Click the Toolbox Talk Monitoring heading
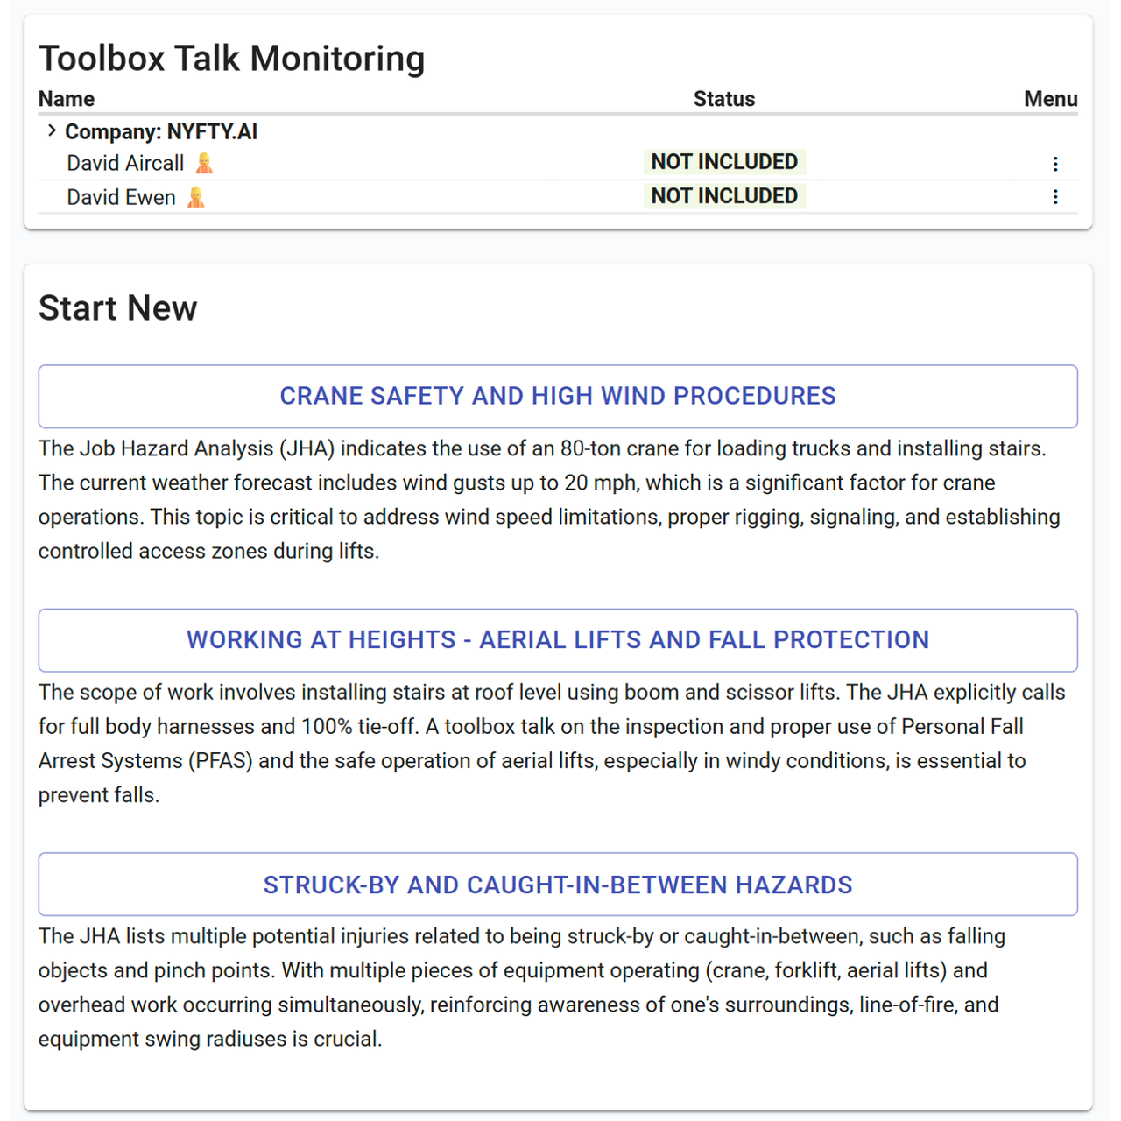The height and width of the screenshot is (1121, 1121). click(x=231, y=59)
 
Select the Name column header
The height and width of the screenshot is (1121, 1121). click(x=67, y=99)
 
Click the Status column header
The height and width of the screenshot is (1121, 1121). click(x=723, y=99)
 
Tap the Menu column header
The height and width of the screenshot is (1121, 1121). click(x=1050, y=99)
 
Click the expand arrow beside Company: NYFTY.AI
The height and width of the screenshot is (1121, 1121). click(x=52, y=130)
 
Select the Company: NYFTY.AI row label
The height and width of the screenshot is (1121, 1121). click(x=161, y=131)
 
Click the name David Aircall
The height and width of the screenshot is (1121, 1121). click(x=125, y=163)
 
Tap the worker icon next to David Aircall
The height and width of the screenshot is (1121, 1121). click(x=204, y=164)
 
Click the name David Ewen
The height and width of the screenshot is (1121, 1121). click(x=121, y=197)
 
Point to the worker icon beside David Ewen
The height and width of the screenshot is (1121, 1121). click(x=196, y=197)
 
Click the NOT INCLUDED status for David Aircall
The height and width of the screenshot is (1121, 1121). click(x=724, y=162)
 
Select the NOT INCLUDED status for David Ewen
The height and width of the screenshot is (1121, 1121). click(x=724, y=196)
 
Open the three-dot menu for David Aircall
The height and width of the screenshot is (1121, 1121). click(x=1055, y=164)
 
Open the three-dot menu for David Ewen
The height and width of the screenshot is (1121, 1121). click(x=1055, y=196)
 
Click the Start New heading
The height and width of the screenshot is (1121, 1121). click(x=117, y=308)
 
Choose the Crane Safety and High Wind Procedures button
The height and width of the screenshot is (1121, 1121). click(x=558, y=396)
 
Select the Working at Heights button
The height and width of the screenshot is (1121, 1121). click(x=558, y=640)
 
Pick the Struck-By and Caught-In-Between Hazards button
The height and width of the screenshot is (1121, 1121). click(x=558, y=885)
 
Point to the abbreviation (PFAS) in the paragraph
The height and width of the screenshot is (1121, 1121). click(x=220, y=760)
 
